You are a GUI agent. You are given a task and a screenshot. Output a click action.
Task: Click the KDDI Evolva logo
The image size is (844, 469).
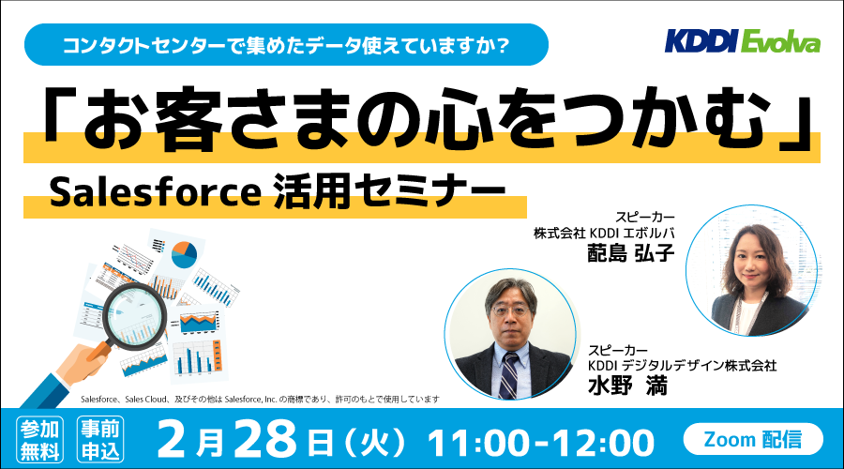click(743, 41)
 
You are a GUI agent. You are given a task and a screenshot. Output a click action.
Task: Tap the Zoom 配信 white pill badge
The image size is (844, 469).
click(753, 439)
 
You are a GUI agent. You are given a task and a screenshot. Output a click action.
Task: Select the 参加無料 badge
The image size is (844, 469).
click(39, 439)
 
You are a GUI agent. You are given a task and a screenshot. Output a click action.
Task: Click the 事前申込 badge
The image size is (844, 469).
click(100, 439)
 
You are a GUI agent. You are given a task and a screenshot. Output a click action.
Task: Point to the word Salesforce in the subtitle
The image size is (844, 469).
click(156, 193)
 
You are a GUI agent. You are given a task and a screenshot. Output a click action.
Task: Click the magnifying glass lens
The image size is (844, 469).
click(134, 315)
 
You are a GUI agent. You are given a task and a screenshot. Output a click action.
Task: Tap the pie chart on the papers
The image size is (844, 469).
click(184, 255)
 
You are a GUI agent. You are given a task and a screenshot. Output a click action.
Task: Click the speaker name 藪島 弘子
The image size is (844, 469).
click(631, 252)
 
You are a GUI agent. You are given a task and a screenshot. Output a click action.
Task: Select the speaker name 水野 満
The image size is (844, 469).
click(627, 386)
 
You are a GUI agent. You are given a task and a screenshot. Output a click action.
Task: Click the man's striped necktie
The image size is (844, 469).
click(508, 376)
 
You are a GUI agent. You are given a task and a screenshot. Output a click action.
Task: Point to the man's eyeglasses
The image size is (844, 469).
click(509, 310)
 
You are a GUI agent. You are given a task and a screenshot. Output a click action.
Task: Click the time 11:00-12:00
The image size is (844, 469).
click(541, 443)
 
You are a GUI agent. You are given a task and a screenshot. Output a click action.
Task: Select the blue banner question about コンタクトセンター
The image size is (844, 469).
click(286, 45)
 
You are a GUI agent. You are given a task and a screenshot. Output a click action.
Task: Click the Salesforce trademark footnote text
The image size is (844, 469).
click(260, 399)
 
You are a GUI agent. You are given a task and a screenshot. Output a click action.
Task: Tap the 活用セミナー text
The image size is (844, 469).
click(390, 191)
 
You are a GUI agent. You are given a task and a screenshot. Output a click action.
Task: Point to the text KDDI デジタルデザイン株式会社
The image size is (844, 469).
click(682, 366)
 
